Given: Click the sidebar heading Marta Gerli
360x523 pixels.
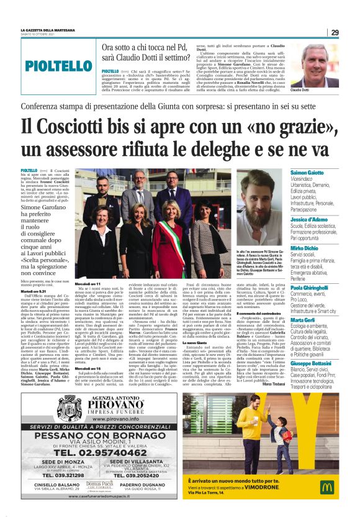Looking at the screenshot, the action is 304,320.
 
